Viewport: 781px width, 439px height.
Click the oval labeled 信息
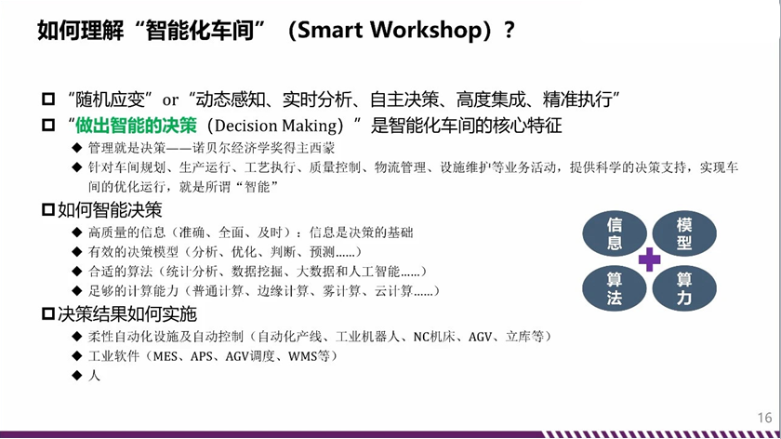point(615,233)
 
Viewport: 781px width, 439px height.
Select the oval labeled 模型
point(684,233)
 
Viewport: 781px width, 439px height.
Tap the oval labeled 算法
point(615,288)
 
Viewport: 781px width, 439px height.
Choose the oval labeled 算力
point(684,288)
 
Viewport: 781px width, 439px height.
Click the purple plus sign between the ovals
point(650,259)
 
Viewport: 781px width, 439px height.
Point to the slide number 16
point(764,418)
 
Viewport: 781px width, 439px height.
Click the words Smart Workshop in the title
point(390,31)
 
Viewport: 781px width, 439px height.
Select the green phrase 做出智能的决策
point(136,126)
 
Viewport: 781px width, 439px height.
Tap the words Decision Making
point(275,126)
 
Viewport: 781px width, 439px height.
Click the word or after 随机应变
point(170,100)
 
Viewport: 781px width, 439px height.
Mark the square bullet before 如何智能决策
point(47,210)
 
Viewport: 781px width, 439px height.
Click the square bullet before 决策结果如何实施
point(47,314)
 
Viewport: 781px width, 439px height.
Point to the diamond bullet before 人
point(76,375)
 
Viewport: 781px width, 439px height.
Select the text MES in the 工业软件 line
point(165,356)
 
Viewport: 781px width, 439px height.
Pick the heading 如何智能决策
point(110,210)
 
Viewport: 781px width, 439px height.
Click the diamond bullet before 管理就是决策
point(76,148)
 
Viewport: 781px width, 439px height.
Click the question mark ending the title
point(510,31)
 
